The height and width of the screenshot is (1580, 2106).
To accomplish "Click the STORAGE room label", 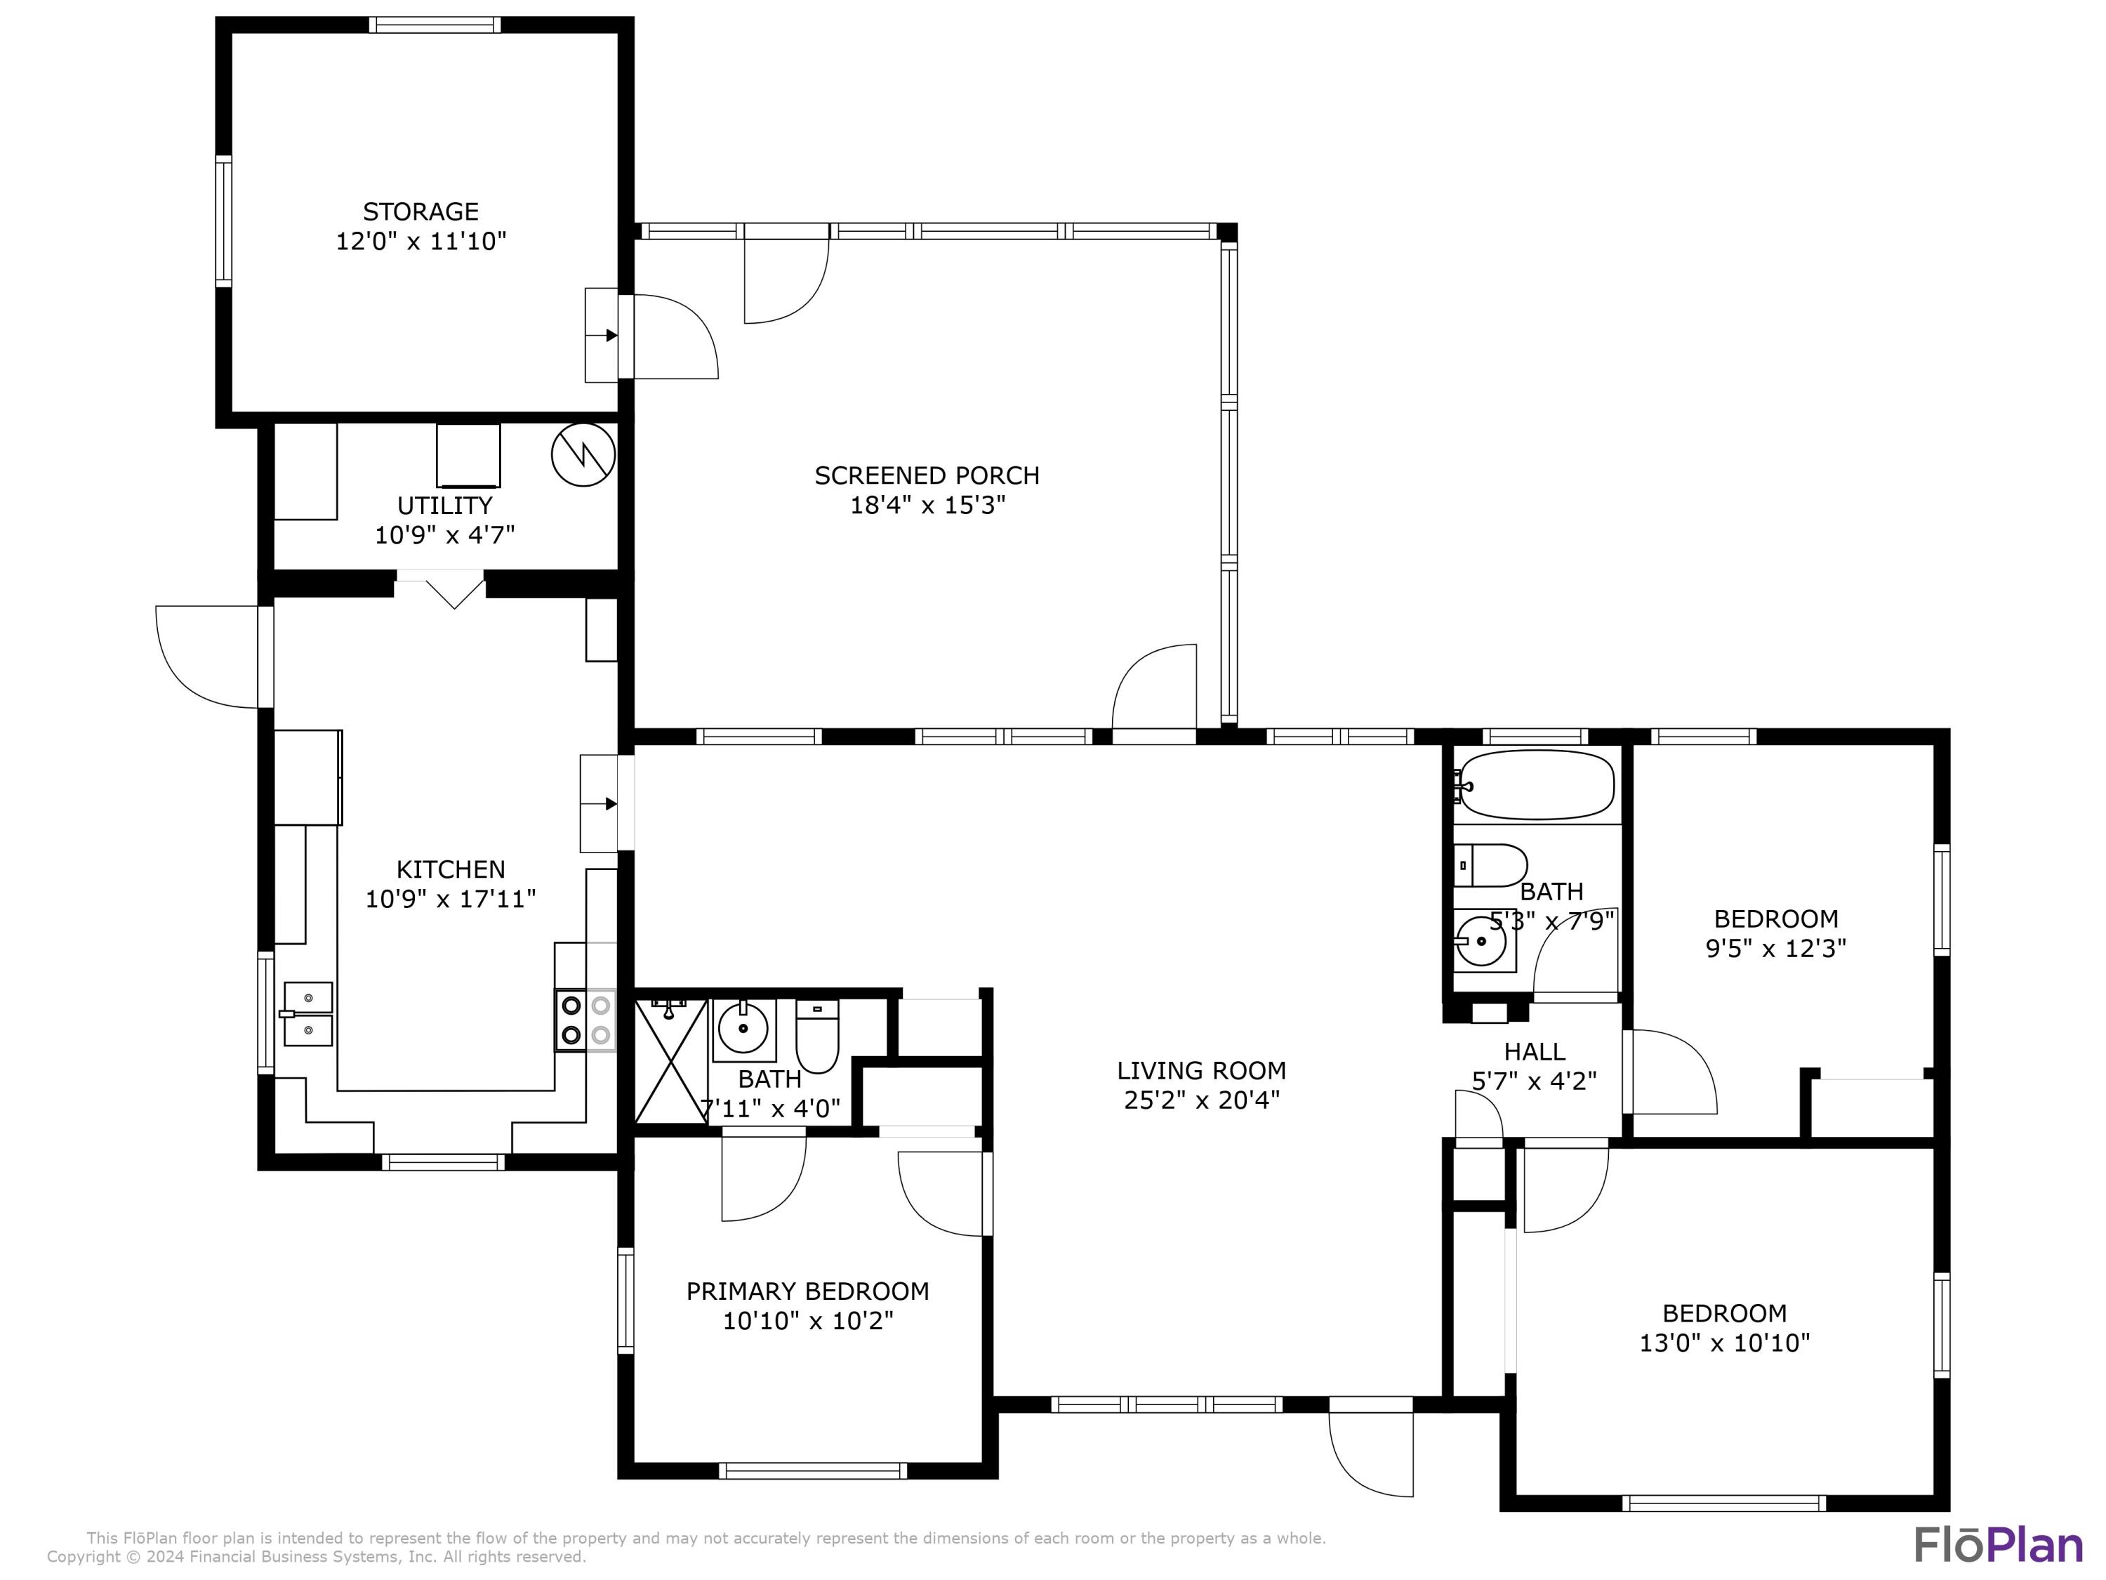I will pyautogui.click(x=420, y=211).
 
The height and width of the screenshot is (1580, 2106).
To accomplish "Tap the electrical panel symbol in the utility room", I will pyautogui.click(x=583, y=455).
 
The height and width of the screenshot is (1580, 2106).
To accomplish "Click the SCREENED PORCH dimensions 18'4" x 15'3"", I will pyautogui.click(x=927, y=505).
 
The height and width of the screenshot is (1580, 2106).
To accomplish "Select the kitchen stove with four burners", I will pyautogui.click(x=585, y=1020).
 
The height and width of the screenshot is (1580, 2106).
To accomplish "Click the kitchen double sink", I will pyautogui.click(x=307, y=1013).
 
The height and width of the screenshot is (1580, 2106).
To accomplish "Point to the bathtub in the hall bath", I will pyautogui.click(x=1536, y=786).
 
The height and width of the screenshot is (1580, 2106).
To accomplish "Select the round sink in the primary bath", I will pyautogui.click(x=743, y=1029).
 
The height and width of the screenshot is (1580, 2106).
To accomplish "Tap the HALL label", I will pyautogui.click(x=1534, y=1051).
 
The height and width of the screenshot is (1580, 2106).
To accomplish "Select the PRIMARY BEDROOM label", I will pyautogui.click(x=807, y=1291).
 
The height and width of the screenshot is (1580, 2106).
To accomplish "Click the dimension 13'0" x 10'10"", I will pyautogui.click(x=1723, y=1343).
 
